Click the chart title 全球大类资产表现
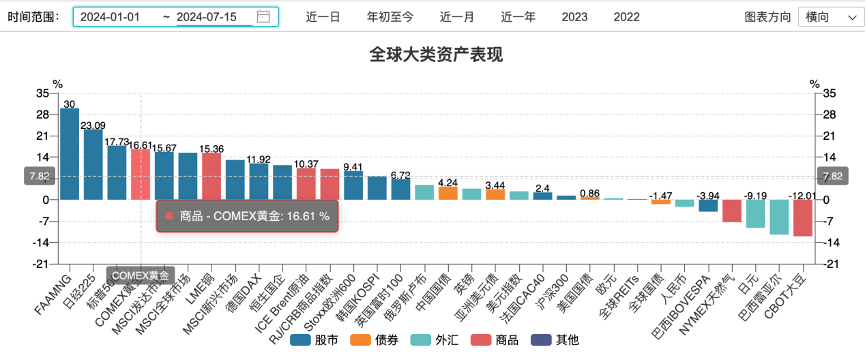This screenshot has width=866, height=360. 432,54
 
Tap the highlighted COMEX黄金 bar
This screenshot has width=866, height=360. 141,174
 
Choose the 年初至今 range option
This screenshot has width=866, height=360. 390,17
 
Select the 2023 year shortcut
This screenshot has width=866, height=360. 575,17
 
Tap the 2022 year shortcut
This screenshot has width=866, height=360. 627,17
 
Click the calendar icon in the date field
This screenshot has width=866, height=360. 263,17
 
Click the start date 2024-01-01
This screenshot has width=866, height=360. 110,17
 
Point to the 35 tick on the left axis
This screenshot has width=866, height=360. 42,92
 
